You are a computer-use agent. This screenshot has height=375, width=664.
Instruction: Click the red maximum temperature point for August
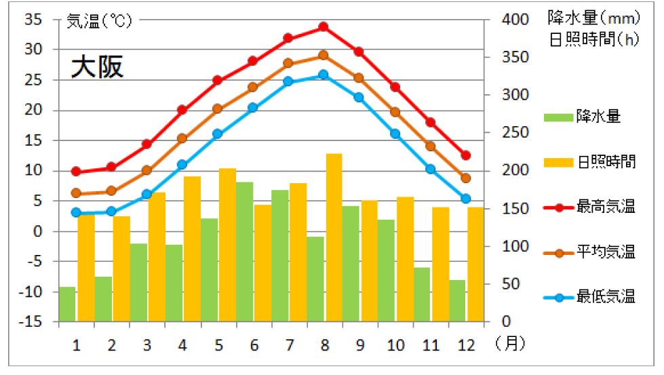[324, 27]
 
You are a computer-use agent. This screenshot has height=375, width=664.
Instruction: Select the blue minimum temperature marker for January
[76, 212]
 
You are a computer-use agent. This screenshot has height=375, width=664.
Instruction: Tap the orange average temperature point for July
[288, 63]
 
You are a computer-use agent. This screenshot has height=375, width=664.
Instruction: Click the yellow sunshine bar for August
[334, 237]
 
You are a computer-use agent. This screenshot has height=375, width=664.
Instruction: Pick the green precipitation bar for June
[245, 251]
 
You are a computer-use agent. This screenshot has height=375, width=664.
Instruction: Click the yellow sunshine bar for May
[227, 244]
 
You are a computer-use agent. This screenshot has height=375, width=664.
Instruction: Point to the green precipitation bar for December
[457, 300]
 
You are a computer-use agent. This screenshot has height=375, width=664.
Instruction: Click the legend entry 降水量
[598, 117]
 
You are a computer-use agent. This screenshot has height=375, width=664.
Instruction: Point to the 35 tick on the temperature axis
[33, 20]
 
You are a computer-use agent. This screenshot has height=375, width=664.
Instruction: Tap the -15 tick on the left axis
[31, 321]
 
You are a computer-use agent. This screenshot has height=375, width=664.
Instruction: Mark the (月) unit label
[510, 344]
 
